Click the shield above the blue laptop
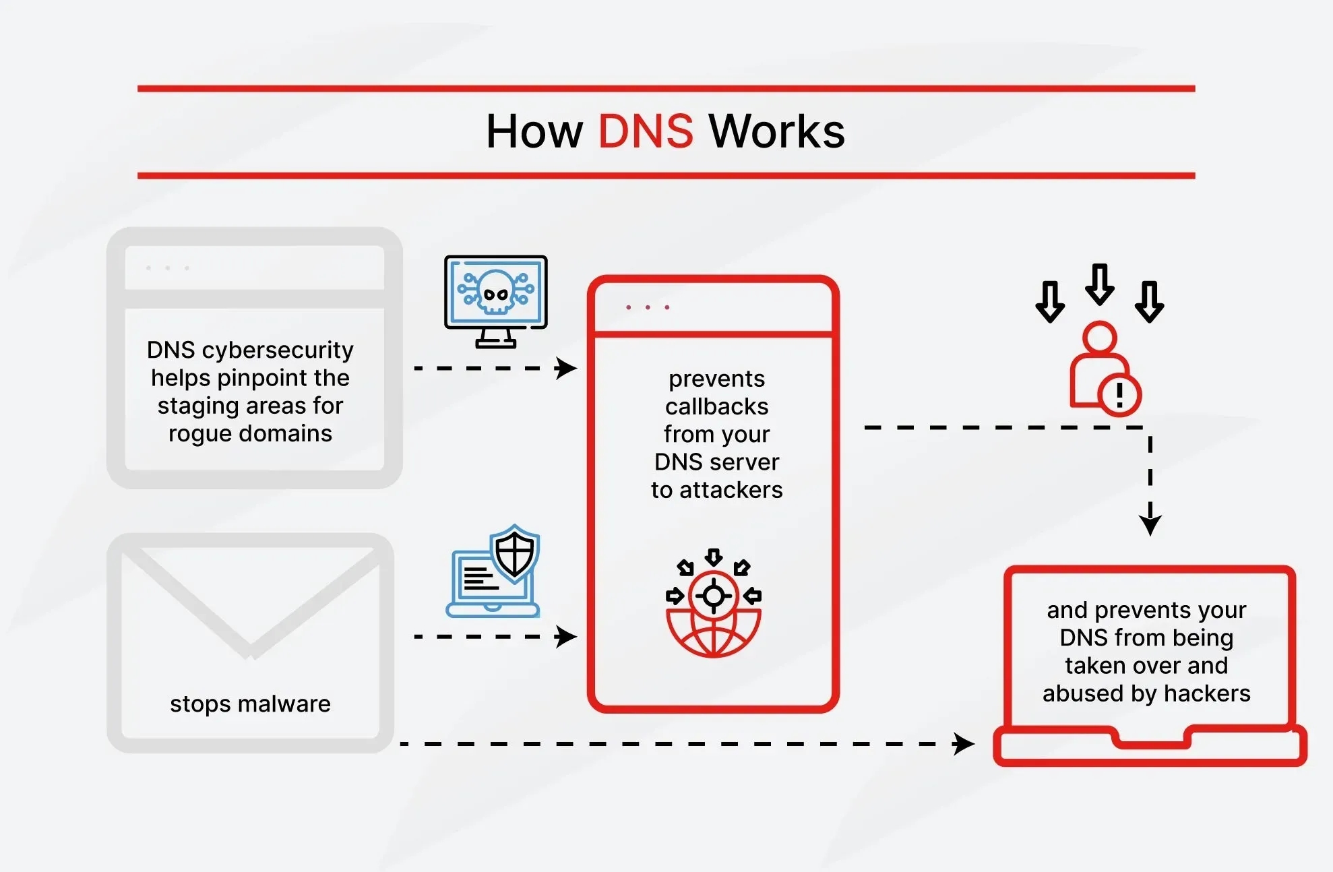(515, 553)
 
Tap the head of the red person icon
(1100, 337)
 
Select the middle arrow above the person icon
(1100, 284)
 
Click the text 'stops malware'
(250, 704)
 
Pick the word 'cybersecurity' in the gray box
(278, 350)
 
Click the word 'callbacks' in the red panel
(716, 406)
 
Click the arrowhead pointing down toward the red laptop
(1150, 524)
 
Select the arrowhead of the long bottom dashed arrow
(964, 744)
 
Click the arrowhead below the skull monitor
(566, 368)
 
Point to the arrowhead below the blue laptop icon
(566, 636)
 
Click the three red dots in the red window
(648, 307)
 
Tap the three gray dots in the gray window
(167, 268)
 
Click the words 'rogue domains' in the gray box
(250, 433)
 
